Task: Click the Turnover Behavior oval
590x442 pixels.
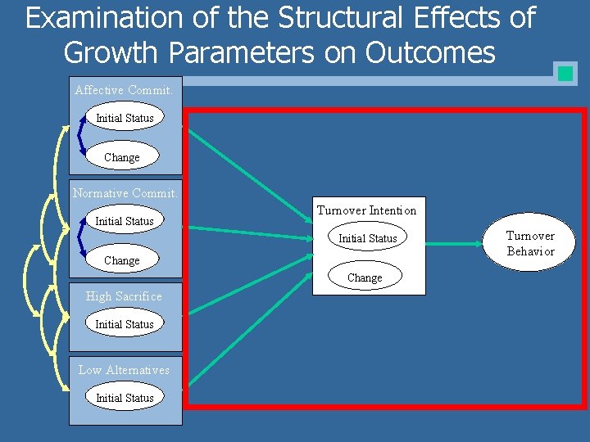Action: (530, 244)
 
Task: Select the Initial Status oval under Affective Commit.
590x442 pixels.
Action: (125, 118)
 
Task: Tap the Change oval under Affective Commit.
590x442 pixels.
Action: (122, 156)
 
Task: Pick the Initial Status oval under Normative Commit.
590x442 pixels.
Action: (125, 221)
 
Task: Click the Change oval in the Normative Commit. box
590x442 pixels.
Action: (122, 259)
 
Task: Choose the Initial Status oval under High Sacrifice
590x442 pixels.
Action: (125, 324)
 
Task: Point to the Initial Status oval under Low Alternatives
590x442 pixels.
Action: (125, 397)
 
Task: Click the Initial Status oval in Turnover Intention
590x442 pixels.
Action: (368, 238)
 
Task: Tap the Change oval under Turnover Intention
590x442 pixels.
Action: (365, 277)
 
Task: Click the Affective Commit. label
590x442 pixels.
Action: (124, 90)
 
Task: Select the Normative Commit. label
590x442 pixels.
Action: (125, 193)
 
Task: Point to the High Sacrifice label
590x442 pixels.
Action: (124, 296)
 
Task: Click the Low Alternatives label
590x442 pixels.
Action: (124, 370)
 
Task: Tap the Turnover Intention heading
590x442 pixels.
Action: (366, 210)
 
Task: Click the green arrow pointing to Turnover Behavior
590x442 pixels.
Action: (459, 242)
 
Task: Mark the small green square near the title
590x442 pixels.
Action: (565, 73)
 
